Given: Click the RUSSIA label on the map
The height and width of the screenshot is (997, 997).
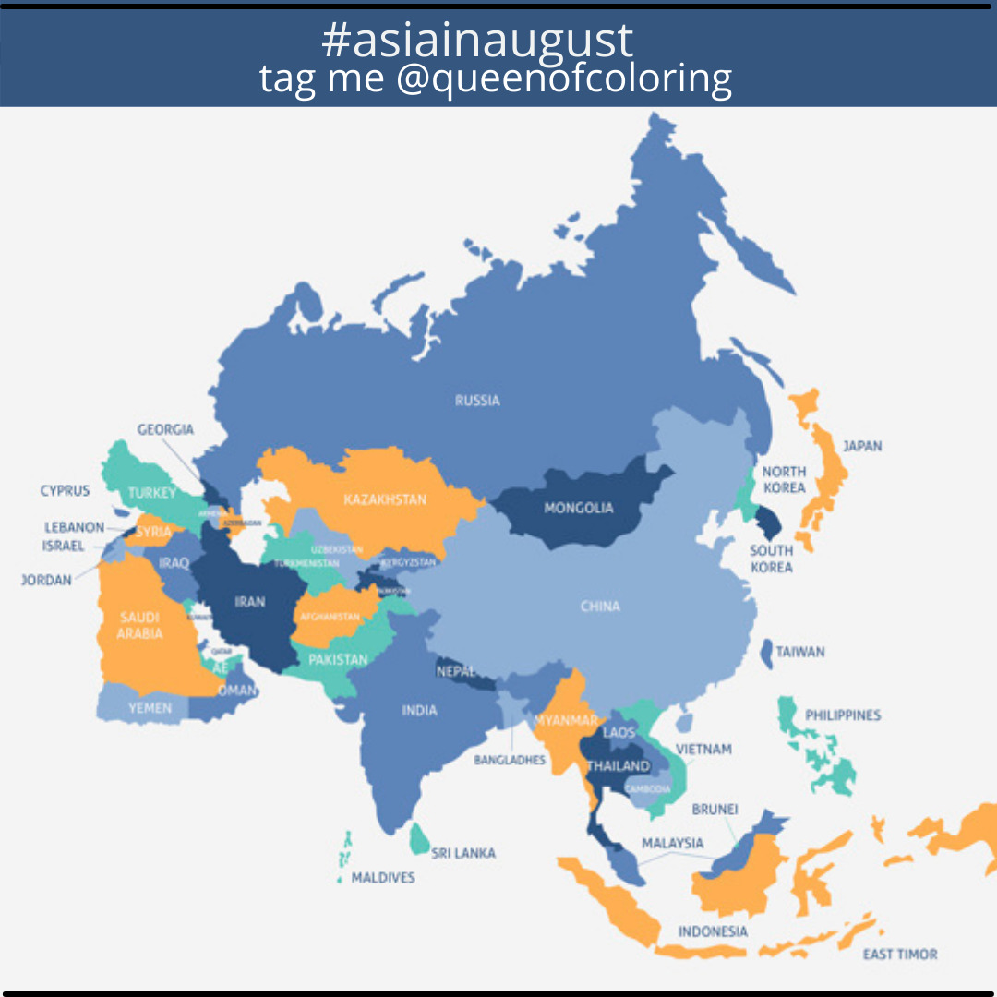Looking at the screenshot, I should point(477,401).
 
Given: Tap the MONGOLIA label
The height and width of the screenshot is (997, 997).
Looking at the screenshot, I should point(578,508).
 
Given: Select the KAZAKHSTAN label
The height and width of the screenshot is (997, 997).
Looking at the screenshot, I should point(385,499).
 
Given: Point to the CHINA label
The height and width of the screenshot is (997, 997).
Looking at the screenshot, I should point(600,607).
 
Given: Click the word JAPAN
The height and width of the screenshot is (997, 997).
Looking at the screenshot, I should point(862,446).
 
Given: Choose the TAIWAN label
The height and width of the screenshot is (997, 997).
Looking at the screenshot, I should point(800,652).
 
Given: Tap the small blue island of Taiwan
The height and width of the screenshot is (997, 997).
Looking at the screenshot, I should point(766,653).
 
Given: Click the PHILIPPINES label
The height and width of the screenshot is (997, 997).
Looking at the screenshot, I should point(843,715).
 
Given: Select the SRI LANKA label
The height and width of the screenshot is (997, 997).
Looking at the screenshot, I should point(463,853).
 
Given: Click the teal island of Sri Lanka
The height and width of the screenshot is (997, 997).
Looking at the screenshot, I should point(420,838).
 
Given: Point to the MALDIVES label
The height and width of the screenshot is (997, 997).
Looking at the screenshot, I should point(383,877).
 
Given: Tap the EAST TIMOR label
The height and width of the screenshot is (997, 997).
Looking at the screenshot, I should point(900,954).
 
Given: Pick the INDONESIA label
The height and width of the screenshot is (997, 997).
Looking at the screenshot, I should point(713,931).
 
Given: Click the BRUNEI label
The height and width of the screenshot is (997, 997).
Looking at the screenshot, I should point(715,810).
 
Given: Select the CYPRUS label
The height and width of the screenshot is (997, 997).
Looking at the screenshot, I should point(65,490).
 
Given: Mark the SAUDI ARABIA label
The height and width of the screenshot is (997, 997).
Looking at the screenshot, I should point(140,625).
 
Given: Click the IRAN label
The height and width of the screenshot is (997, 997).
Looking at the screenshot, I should point(249,602).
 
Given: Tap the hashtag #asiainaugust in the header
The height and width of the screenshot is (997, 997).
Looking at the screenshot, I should point(477,40).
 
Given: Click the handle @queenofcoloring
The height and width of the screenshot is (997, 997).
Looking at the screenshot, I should point(564,78).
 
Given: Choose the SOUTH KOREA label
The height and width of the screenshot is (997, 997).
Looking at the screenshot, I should point(771,559).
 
